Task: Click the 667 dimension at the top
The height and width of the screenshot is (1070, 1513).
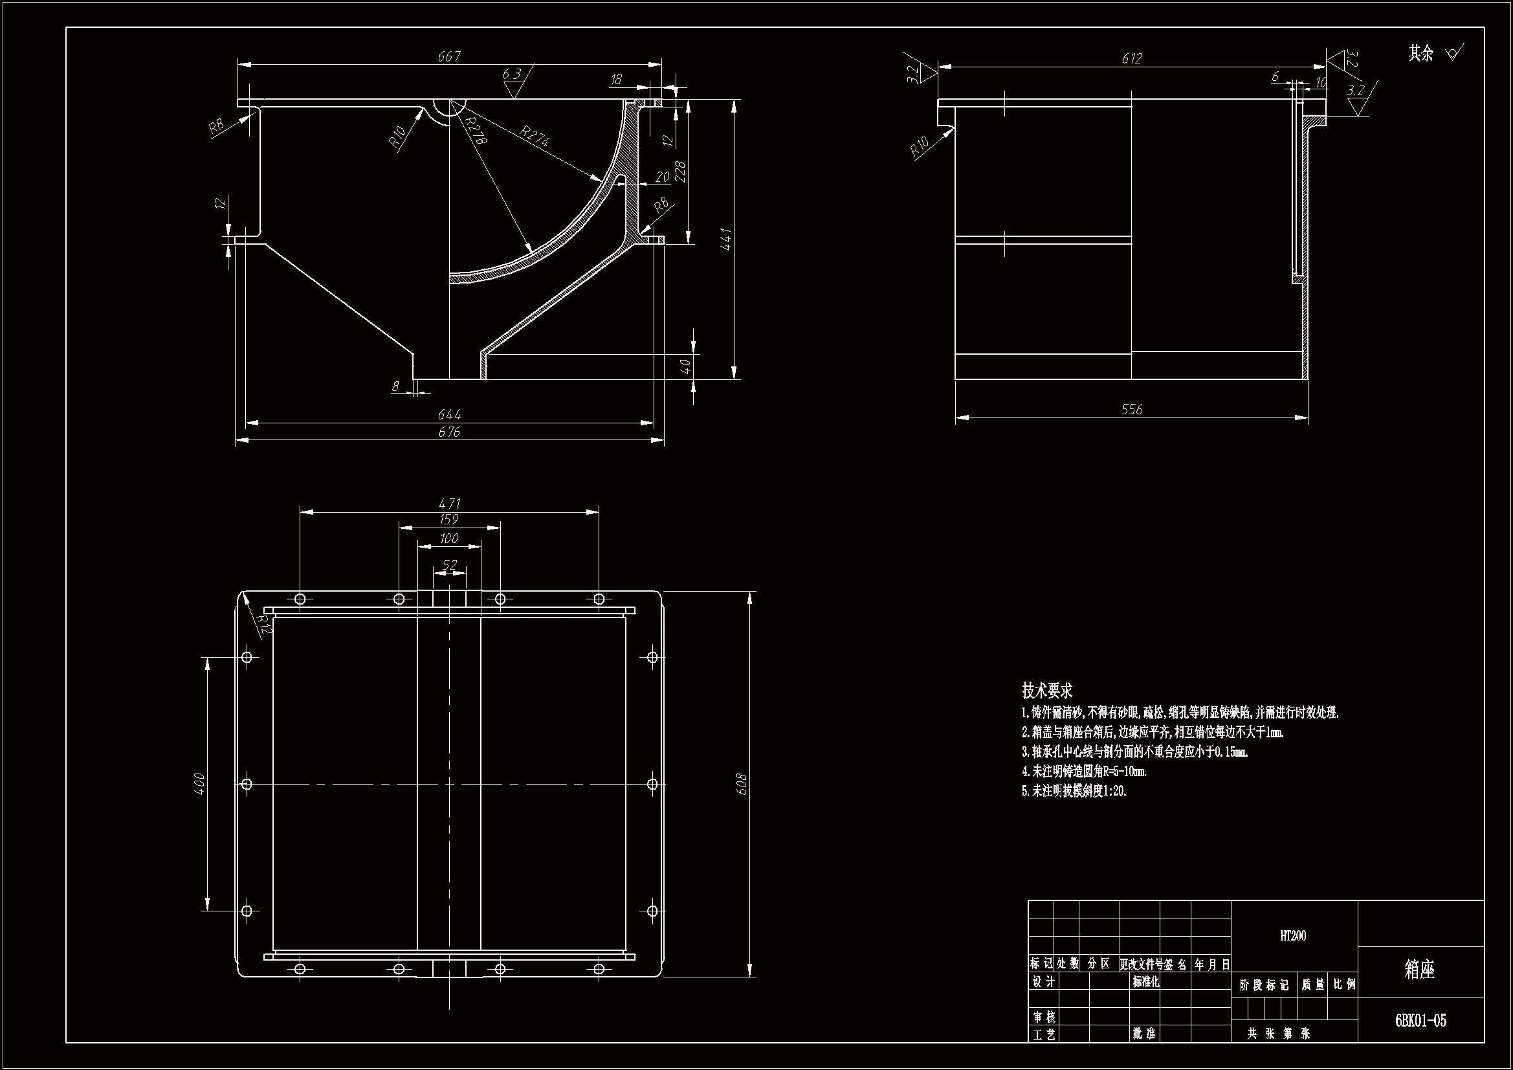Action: [x=448, y=57]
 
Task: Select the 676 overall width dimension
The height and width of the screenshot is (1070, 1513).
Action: [x=448, y=432]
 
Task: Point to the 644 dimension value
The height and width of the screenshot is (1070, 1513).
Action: [x=448, y=415]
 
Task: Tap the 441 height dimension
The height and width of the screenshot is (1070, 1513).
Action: [x=726, y=239]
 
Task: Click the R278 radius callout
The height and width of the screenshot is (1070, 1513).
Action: [x=474, y=131]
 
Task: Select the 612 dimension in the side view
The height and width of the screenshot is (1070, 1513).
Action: [x=1131, y=59]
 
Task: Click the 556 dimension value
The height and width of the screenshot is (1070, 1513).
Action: [x=1131, y=409]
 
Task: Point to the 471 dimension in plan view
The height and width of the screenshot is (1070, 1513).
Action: [x=449, y=504]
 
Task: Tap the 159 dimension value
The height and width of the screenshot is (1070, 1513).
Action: [x=448, y=520]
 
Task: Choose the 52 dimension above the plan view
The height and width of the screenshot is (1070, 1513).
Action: [x=449, y=565]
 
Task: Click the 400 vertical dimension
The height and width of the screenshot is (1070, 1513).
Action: [x=200, y=783]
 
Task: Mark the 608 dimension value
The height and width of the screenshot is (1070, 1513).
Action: [x=742, y=784]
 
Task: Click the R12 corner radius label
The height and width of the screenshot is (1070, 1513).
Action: [x=263, y=623]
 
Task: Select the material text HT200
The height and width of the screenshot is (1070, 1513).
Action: [x=1293, y=935]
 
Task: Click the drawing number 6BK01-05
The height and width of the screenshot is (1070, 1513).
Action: [x=1420, y=1021]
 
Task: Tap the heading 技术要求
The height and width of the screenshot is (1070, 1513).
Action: [x=1047, y=690]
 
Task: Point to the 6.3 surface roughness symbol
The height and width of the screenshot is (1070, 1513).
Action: [x=512, y=75]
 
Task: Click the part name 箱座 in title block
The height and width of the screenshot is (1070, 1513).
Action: [x=1419, y=969]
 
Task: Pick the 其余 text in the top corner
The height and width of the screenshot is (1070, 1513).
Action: [x=1420, y=53]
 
